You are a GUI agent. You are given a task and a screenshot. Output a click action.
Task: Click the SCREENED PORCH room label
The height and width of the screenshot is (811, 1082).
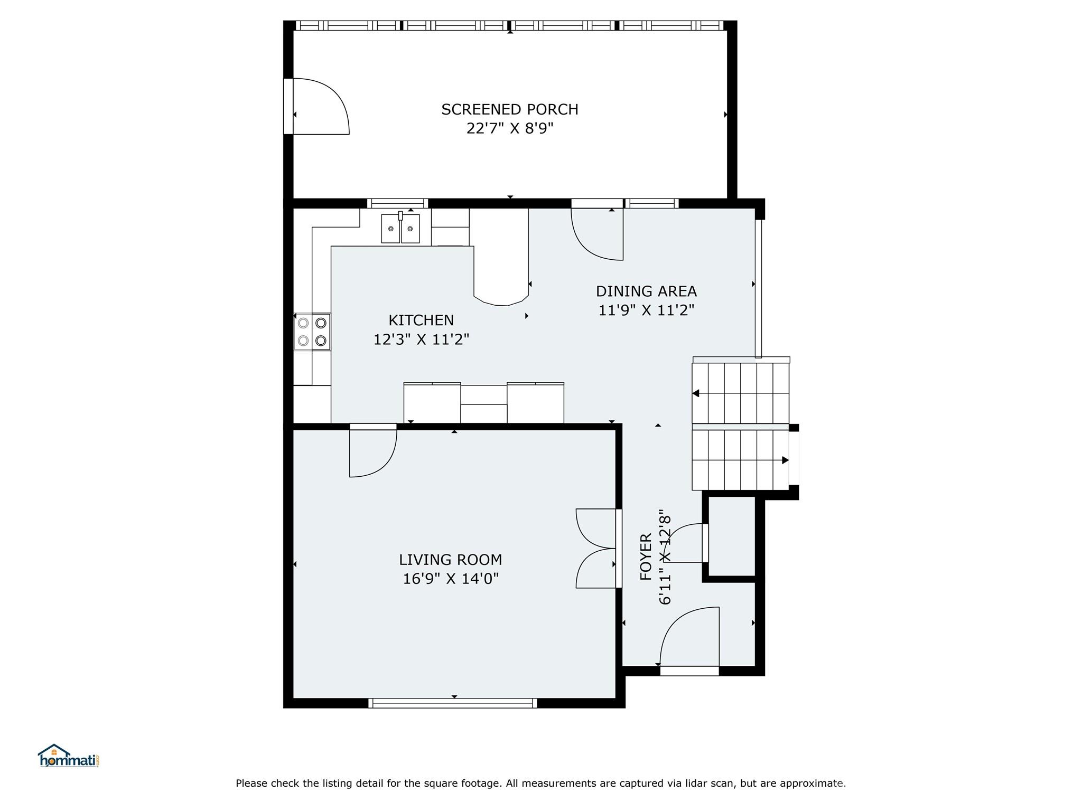pyautogui.click(x=510, y=109)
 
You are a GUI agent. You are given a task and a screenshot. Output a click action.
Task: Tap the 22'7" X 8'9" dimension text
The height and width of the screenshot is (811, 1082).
pyautogui.click(x=510, y=128)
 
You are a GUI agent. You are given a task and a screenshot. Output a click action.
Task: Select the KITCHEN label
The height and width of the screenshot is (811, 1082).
pyautogui.click(x=421, y=320)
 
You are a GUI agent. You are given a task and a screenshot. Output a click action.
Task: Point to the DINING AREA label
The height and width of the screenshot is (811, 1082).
pyautogui.click(x=646, y=291)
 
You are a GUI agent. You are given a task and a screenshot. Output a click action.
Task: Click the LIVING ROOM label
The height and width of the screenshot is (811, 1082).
pyautogui.click(x=450, y=559)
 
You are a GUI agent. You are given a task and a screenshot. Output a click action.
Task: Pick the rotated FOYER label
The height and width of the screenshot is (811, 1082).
pyautogui.click(x=646, y=557)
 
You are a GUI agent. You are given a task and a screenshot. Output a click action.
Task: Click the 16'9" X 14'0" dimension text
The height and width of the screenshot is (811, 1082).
pyautogui.click(x=451, y=579)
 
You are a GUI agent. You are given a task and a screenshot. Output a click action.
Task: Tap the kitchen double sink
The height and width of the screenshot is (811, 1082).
pyautogui.click(x=400, y=228)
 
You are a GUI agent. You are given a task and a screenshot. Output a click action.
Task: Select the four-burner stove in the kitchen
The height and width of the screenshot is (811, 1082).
pyautogui.click(x=312, y=332)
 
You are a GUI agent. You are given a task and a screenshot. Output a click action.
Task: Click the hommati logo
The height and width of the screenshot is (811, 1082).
pyautogui.click(x=69, y=756)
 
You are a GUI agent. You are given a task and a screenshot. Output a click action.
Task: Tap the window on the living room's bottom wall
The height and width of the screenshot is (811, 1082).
pyautogui.click(x=453, y=703)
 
